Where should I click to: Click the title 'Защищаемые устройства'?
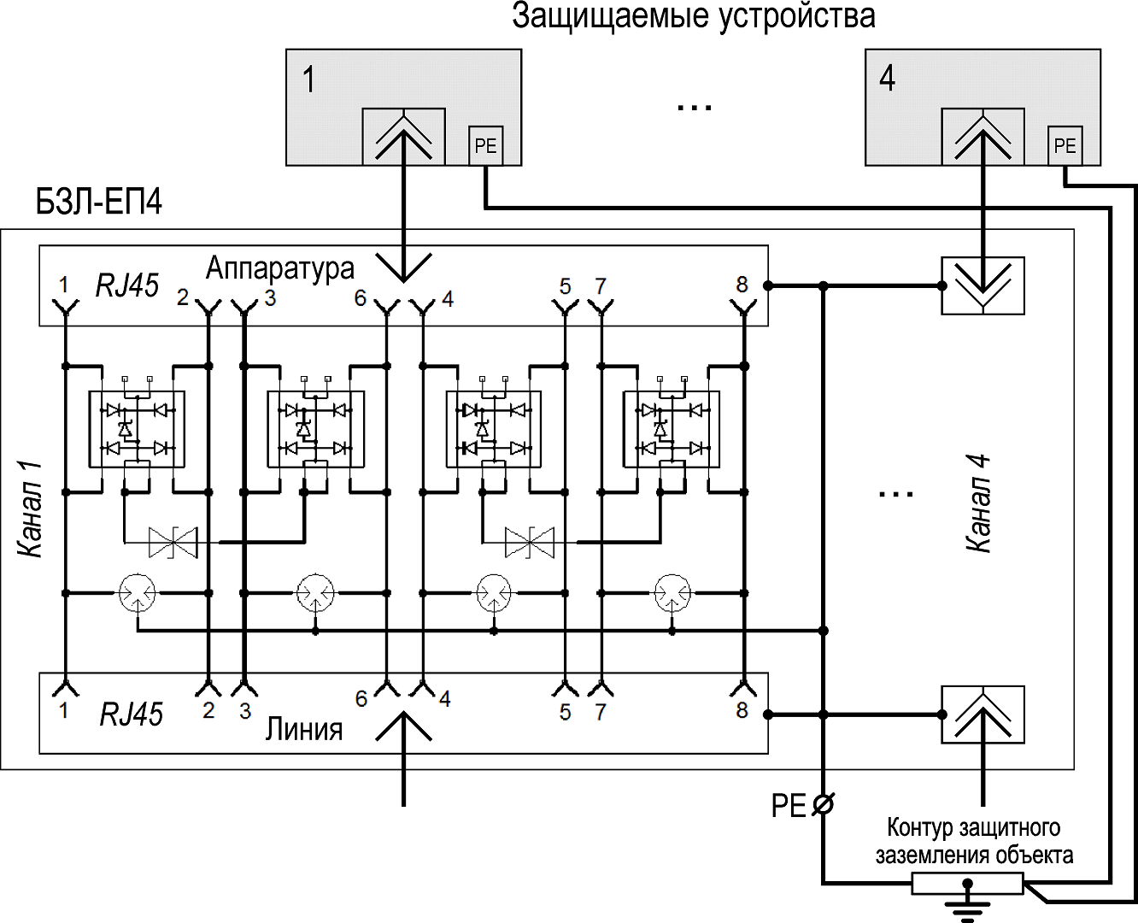[x=693, y=17]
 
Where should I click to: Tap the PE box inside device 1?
[x=485, y=145]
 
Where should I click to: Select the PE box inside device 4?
[x=1065, y=145]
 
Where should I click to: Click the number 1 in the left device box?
[x=309, y=79]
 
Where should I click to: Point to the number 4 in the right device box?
[x=888, y=79]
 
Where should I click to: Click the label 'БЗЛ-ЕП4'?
[x=98, y=203]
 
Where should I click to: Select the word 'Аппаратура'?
[x=279, y=268]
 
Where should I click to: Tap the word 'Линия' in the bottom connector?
[x=303, y=729]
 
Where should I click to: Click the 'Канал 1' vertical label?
[x=31, y=509]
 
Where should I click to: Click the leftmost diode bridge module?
[x=138, y=429]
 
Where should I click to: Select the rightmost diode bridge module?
[x=672, y=429]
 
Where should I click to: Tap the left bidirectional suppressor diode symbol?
[x=173, y=542]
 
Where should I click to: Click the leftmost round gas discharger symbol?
[x=137, y=592]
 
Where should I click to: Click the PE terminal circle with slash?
[x=823, y=804]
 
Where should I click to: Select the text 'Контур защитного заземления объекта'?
[x=973, y=841]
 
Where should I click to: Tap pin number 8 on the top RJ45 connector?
[x=742, y=285]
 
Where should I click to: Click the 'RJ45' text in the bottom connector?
[x=131, y=714]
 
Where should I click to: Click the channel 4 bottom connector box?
[x=983, y=714]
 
